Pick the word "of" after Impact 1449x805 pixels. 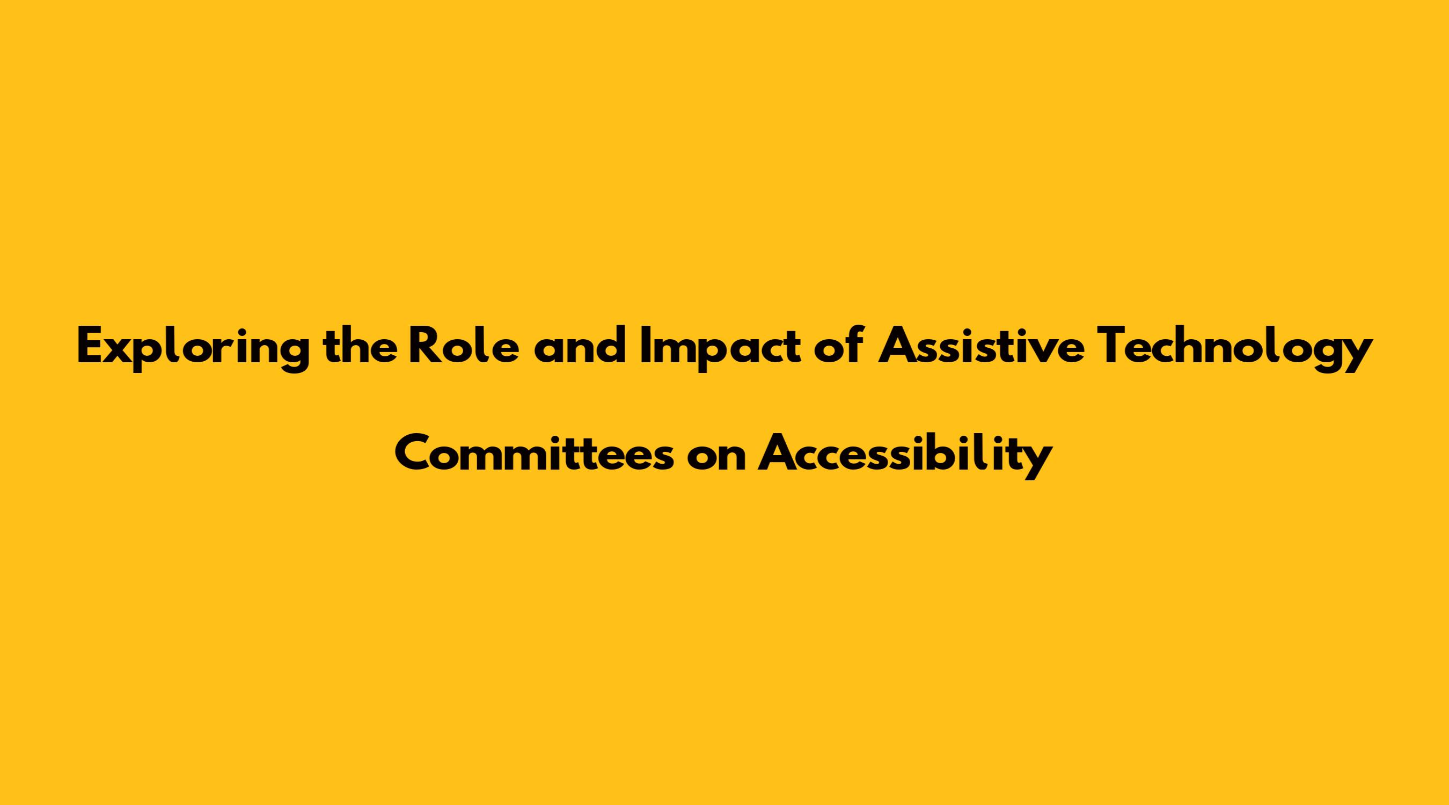click(x=838, y=347)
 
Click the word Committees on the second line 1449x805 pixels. click(x=534, y=453)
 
